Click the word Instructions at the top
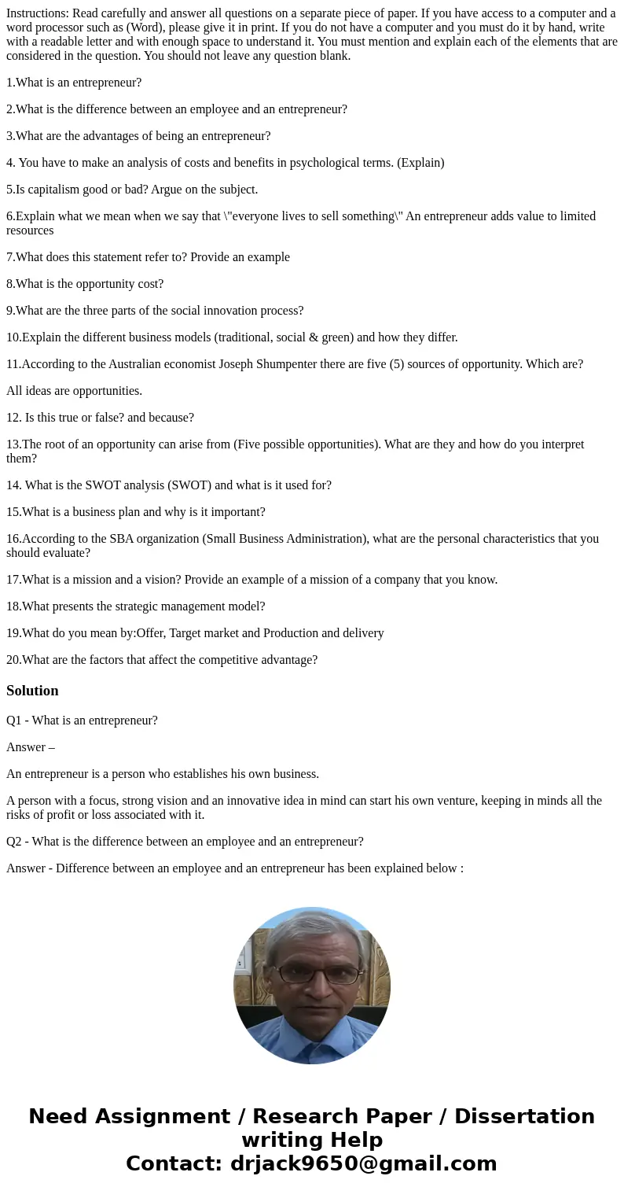click(x=37, y=13)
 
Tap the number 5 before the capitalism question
click(x=9, y=190)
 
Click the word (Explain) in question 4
click(x=420, y=163)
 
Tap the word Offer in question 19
click(x=152, y=633)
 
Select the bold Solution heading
click(x=32, y=691)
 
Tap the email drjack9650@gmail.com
click(x=363, y=1163)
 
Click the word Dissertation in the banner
click(x=524, y=1117)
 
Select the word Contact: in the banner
click(x=174, y=1163)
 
